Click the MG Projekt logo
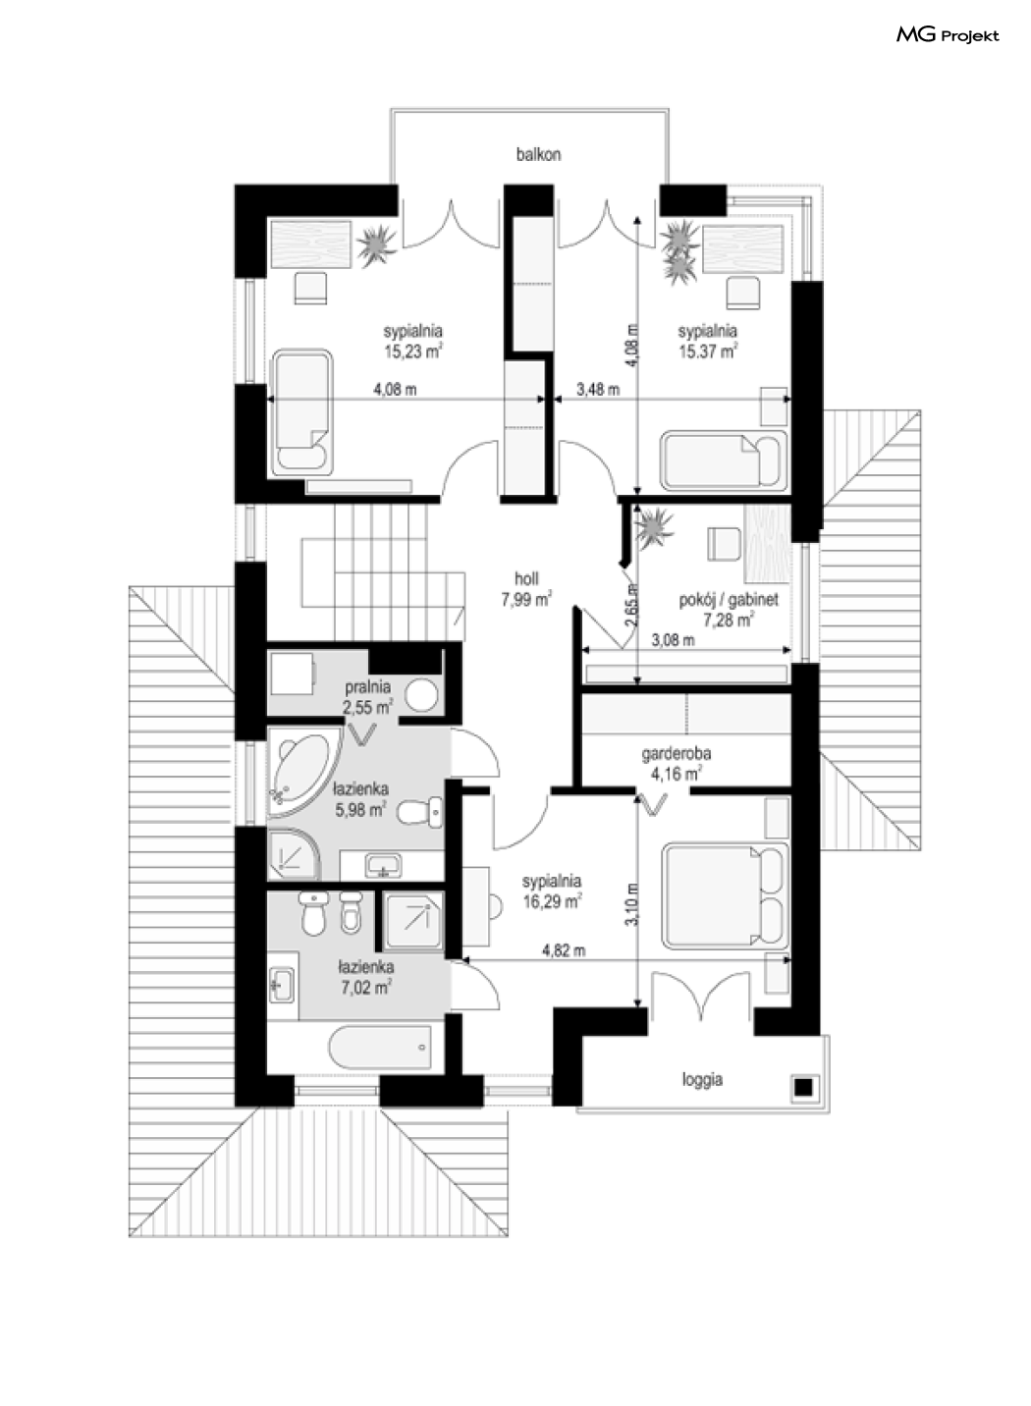(x=948, y=35)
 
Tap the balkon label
(x=538, y=154)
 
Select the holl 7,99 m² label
(x=526, y=589)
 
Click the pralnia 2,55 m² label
(x=367, y=697)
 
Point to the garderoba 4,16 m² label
(x=677, y=764)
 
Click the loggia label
(x=702, y=1079)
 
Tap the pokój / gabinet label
(x=729, y=600)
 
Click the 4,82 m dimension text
(x=564, y=950)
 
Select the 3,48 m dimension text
(x=598, y=390)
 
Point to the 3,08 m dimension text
(x=674, y=640)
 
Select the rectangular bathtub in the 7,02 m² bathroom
(x=380, y=1047)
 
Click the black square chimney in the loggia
(x=803, y=1087)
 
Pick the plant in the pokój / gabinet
(x=654, y=526)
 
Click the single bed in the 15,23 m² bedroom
(x=301, y=412)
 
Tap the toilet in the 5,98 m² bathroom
(x=420, y=812)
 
